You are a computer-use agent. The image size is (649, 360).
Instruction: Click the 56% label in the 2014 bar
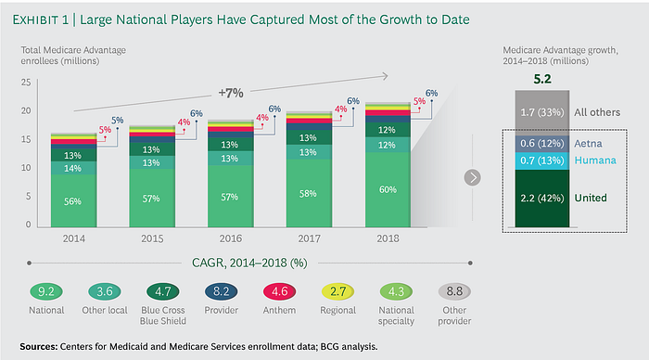point(72,201)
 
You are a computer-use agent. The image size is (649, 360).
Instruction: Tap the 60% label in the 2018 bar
point(388,189)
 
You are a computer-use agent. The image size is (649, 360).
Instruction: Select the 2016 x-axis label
point(231,238)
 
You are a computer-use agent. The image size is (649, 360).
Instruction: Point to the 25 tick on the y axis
point(26,83)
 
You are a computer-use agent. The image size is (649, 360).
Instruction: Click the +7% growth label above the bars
point(231,93)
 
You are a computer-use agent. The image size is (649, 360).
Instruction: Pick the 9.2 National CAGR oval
point(46,291)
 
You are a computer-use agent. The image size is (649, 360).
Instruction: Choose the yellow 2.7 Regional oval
point(337,291)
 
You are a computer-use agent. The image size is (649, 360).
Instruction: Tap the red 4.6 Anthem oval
point(279,291)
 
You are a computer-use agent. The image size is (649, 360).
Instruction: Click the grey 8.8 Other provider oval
point(454,291)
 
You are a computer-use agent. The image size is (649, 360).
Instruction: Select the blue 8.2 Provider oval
point(221,291)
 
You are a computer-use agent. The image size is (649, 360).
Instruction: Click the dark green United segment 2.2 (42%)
point(542,198)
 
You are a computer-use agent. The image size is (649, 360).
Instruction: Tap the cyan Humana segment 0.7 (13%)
point(542,161)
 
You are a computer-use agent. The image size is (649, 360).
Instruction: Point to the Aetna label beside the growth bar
point(588,144)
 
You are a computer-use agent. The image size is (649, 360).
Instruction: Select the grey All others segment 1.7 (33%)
point(542,112)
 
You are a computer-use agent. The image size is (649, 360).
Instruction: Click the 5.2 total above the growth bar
point(542,79)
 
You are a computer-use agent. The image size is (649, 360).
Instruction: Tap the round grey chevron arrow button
point(472,178)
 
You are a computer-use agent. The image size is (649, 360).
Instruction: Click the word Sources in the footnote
point(39,346)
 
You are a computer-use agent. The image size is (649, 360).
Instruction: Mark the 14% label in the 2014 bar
point(72,169)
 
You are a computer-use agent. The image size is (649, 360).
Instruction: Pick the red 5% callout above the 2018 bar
point(419,101)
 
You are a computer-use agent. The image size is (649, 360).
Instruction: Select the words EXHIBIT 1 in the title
point(41,19)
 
